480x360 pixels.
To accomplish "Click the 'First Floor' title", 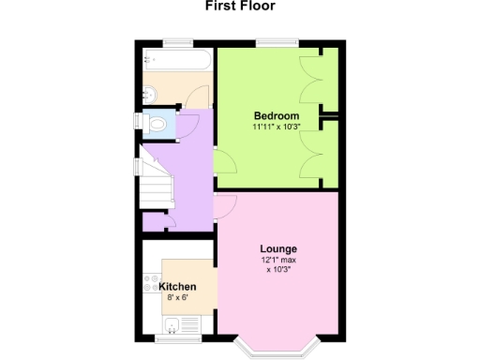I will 241,7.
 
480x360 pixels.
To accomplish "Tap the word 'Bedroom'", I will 277,116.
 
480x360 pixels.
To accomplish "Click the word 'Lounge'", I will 278,249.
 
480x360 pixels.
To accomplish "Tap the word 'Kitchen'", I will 177,286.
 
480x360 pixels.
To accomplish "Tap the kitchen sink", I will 172,327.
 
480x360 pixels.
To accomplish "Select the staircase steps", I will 157,183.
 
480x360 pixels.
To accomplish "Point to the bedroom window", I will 278,42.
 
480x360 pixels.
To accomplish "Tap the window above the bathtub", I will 175,42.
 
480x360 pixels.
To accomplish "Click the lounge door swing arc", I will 225,205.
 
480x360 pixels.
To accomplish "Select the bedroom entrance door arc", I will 224,163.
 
